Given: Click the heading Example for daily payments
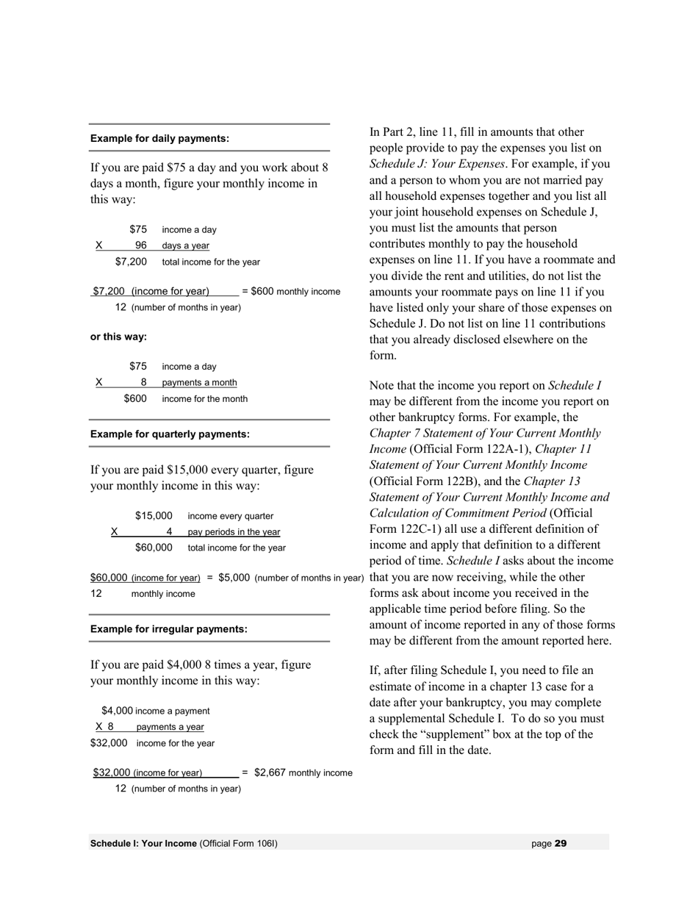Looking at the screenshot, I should click(x=159, y=138).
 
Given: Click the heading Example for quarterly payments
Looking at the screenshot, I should click(x=170, y=434).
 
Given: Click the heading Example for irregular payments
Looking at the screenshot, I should click(x=168, y=629).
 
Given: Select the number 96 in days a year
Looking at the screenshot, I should click(x=141, y=245).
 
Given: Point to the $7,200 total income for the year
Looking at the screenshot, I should click(x=131, y=262).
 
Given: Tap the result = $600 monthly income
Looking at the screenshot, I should click(x=291, y=291).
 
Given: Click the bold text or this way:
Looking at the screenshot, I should click(x=118, y=337).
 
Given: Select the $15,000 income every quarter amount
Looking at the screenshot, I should click(x=154, y=516).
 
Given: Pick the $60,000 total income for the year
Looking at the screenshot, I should click(x=154, y=548).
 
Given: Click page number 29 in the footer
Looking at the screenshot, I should click(x=561, y=844).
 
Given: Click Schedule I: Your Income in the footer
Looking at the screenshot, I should click(x=143, y=844).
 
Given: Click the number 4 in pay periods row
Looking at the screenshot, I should click(x=169, y=531).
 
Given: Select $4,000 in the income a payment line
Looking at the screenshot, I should click(x=117, y=711).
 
